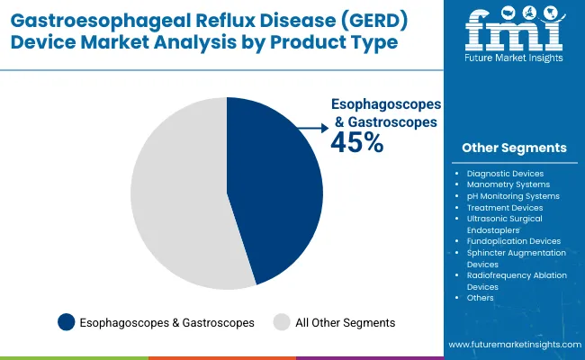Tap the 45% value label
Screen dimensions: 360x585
[x=358, y=142]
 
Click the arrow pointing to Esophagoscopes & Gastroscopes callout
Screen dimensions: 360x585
[x=311, y=129]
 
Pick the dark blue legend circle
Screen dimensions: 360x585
[x=66, y=321]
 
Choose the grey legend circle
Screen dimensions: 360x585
[x=282, y=321]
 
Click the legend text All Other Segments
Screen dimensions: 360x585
[x=346, y=321]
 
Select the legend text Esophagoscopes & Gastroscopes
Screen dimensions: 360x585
[x=167, y=321]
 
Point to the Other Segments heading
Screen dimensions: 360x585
[x=514, y=148]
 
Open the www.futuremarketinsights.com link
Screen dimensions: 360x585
[x=512, y=346]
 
